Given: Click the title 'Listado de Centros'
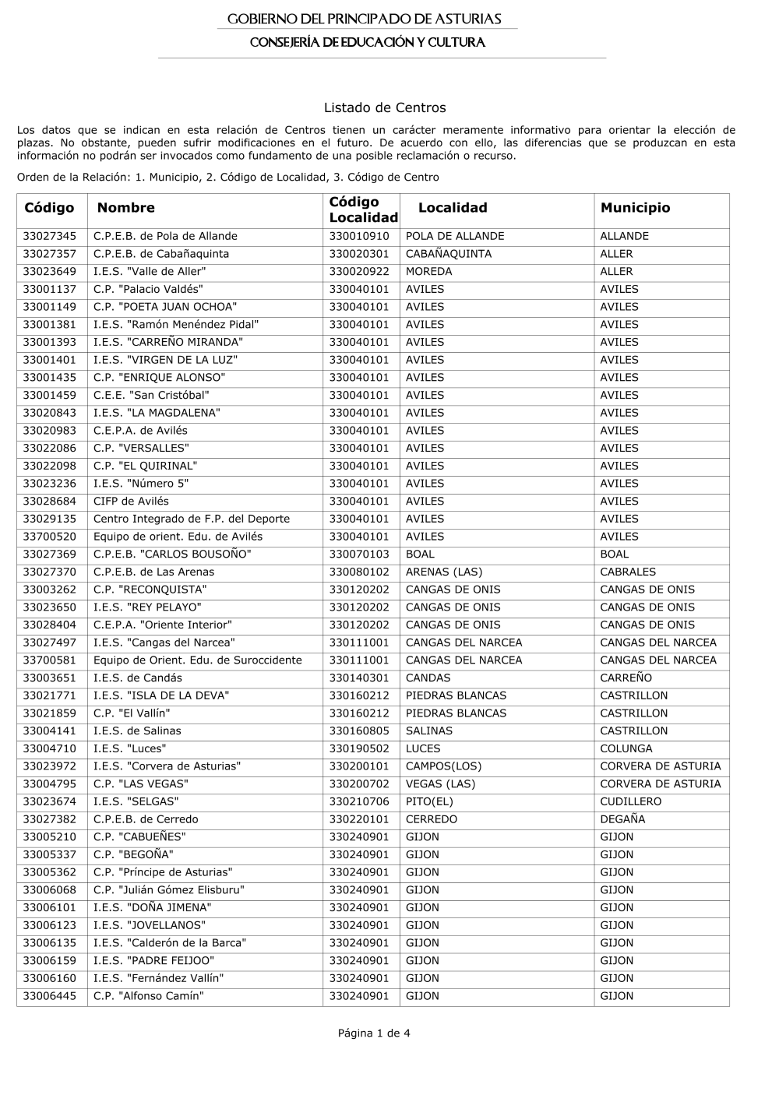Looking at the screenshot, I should tap(384, 107).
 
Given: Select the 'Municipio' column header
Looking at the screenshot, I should tap(635, 208).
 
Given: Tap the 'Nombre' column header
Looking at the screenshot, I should tap(125, 208).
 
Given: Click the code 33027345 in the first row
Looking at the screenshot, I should tap(50, 236).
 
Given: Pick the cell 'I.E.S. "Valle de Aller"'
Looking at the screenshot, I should tap(150, 272).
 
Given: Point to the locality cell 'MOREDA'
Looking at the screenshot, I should tap(428, 272).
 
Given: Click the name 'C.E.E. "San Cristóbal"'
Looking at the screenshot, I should tap(151, 395).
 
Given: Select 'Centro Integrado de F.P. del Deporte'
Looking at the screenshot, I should tap(191, 519).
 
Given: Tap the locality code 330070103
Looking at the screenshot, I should tap(358, 555).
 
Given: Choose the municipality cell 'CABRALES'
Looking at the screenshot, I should tap(628, 572).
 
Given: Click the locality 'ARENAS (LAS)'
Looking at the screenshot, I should tap(444, 572).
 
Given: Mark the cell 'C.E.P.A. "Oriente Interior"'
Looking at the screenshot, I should tap(162, 625).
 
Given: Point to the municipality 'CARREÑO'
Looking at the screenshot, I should tap(626, 678).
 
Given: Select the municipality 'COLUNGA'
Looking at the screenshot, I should tap(626, 748).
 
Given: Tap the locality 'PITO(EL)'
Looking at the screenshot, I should tap(429, 801).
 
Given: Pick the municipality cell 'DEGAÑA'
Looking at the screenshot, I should tap(622, 819).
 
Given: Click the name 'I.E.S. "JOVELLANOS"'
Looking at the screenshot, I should tap(150, 925).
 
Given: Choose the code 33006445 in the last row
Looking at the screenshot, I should tap(50, 996).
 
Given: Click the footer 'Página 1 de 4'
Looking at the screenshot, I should tap(374, 1033).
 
